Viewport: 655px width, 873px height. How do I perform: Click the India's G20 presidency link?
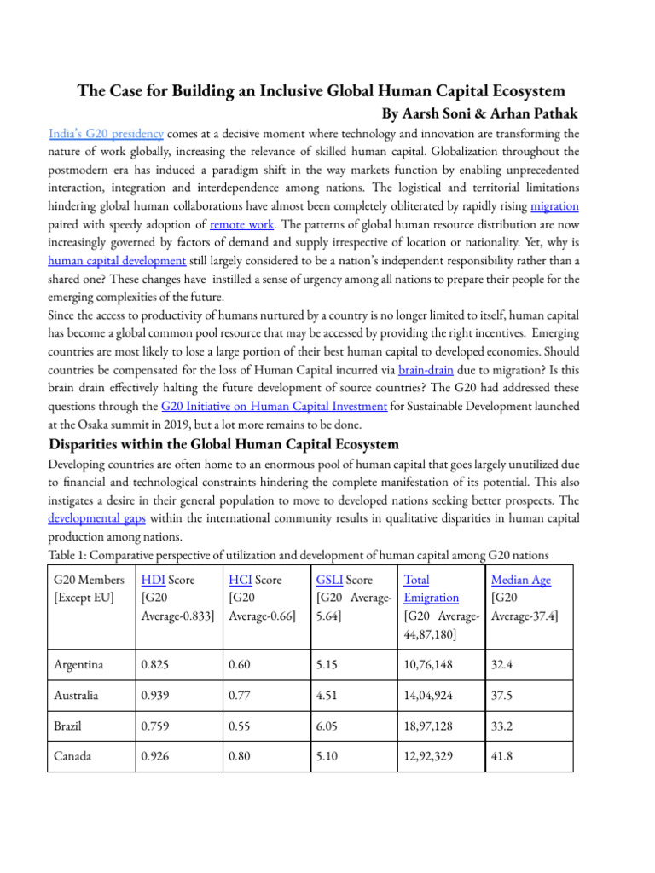click(x=107, y=134)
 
